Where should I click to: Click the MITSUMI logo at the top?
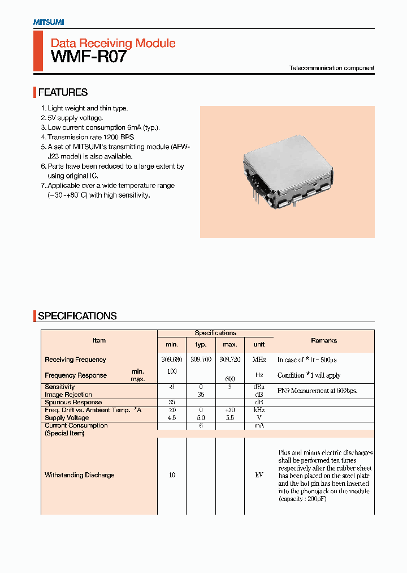[x=48, y=22]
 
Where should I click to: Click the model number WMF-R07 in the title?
[x=89, y=57]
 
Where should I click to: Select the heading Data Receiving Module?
[x=113, y=43]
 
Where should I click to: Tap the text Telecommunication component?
[x=331, y=68]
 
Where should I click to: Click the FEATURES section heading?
[x=63, y=92]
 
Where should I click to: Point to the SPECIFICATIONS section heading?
[x=77, y=316]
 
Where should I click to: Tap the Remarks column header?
[x=324, y=340]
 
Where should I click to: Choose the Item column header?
[x=99, y=340]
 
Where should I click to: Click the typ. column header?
[x=201, y=344]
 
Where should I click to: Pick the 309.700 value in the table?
[x=201, y=360]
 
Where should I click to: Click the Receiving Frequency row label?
[x=75, y=360]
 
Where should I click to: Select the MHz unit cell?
[x=259, y=360]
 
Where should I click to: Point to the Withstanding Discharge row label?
[x=79, y=475]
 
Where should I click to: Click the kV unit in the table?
[x=259, y=475]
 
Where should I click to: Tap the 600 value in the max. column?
[x=230, y=379]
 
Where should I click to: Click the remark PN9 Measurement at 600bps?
[x=317, y=391]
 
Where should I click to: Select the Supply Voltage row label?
[x=67, y=418]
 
